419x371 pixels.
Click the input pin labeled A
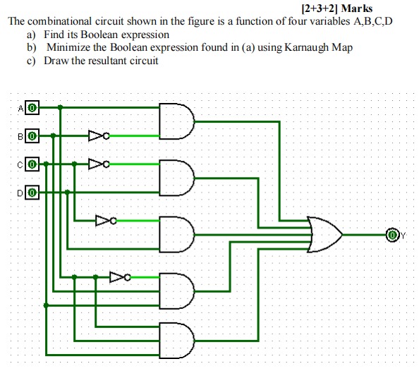coord(32,108)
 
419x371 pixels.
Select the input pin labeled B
coord(32,135)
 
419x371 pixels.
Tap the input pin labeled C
coord(32,164)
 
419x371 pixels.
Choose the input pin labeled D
coord(32,190)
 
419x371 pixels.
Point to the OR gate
coord(325,233)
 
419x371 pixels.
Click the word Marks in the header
coord(357,9)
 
